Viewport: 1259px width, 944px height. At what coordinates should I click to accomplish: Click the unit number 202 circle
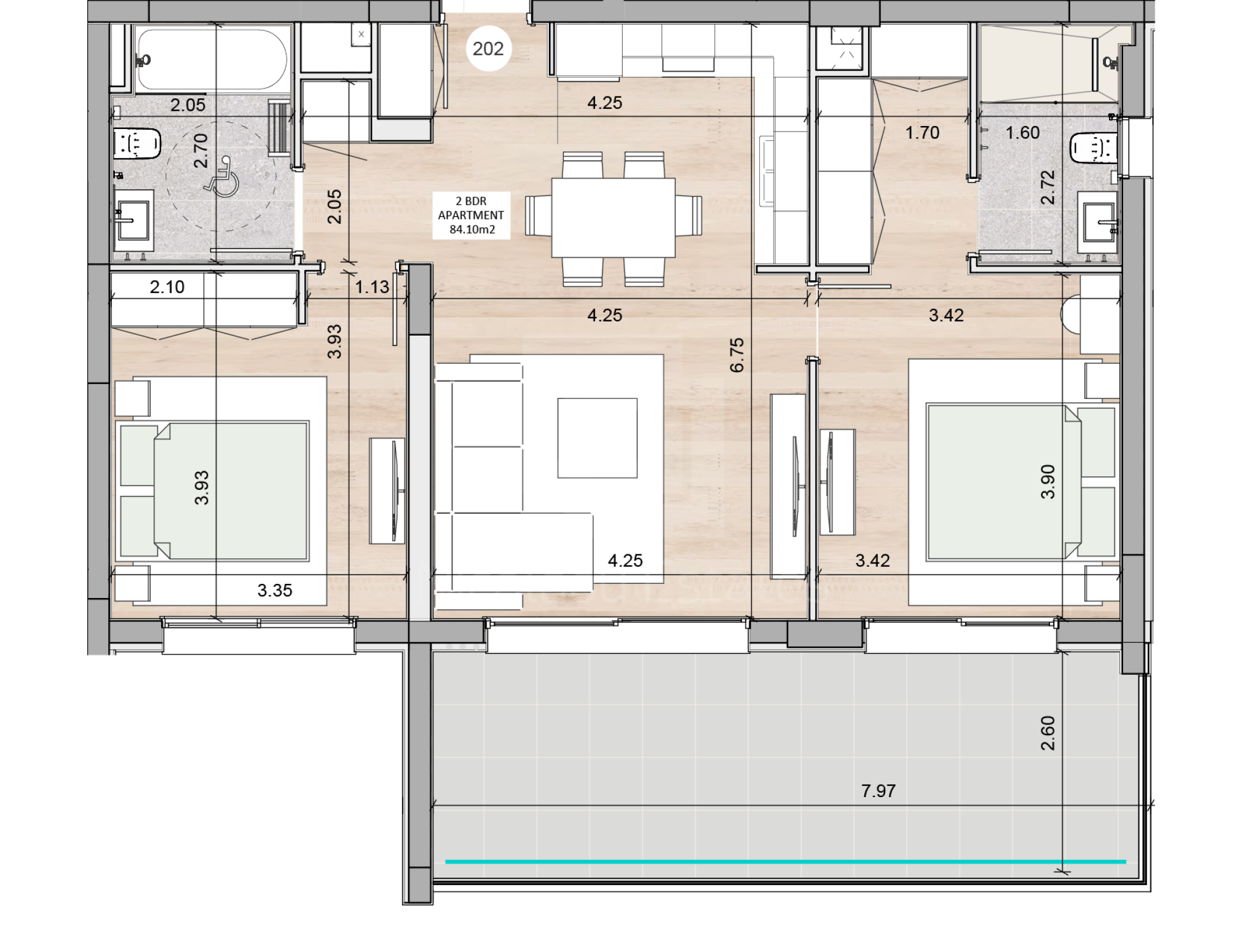coord(488,49)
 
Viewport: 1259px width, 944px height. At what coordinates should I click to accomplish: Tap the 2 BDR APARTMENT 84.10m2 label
coord(471,215)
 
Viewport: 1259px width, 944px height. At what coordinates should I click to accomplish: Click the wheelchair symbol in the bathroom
coord(222,176)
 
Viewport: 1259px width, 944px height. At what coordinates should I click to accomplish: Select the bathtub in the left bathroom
coord(212,60)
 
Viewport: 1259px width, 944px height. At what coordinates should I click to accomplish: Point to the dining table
coord(613,218)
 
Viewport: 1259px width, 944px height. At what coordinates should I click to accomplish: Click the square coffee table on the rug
coord(597,438)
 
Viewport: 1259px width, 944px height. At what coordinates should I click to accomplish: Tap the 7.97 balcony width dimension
coord(878,791)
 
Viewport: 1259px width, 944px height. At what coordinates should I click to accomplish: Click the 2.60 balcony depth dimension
coord(1048,733)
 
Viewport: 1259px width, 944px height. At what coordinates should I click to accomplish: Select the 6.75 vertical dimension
coord(736,355)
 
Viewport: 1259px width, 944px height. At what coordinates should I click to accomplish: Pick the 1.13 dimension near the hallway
coord(372,287)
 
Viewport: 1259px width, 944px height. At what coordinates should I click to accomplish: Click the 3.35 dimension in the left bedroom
coord(274,591)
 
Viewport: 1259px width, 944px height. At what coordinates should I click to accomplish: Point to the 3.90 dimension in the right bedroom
coord(1048,482)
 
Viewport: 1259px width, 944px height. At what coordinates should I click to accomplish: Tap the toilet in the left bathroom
coord(136,144)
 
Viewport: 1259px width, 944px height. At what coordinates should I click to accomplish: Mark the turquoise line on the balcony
coord(786,862)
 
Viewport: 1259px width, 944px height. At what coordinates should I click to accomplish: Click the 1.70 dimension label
coord(922,133)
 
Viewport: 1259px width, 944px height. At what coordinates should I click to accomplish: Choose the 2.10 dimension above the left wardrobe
coord(167,287)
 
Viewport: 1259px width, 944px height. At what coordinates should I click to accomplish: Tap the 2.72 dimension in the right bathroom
coord(1048,187)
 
